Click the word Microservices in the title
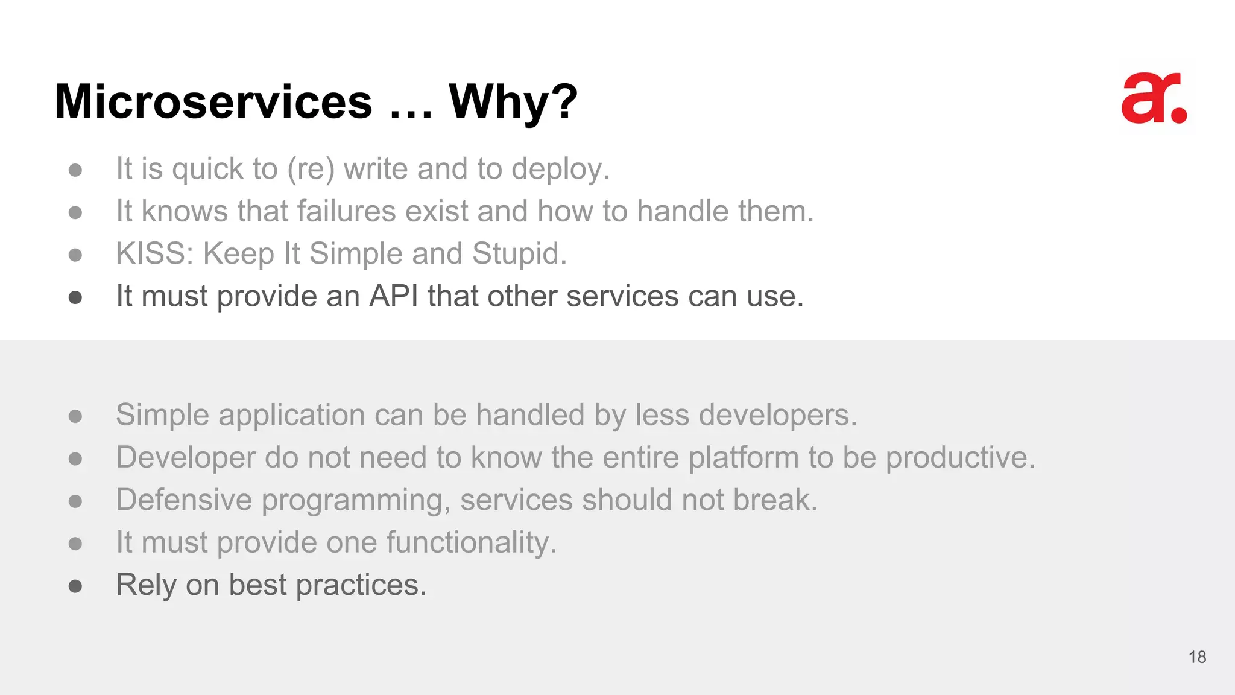tap(213, 101)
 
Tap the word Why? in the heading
tap(513, 101)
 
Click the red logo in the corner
tap(1154, 99)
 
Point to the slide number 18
tap(1197, 657)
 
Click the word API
tap(393, 296)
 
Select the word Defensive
tap(184, 500)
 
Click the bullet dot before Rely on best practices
tap(75, 586)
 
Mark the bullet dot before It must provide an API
tap(75, 297)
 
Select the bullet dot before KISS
tap(75, 255)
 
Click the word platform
tap(744, 457)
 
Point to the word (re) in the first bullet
tap(311, 169)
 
